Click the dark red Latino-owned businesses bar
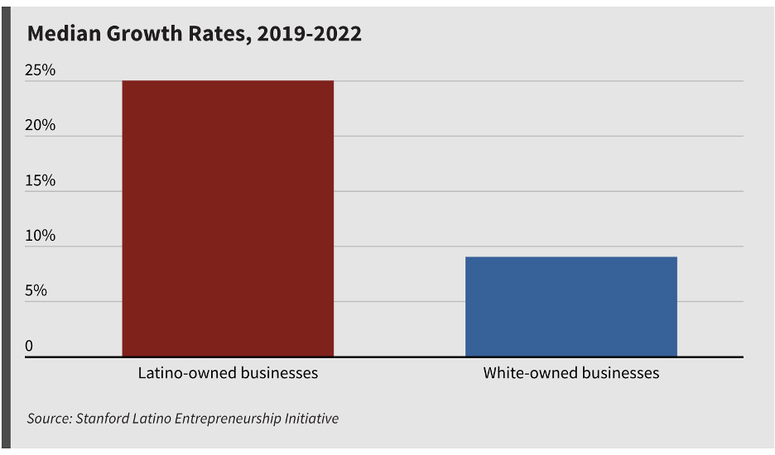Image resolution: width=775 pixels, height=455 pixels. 228,218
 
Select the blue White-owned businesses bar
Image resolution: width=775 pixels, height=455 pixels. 571,307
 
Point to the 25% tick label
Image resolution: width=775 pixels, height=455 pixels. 40,70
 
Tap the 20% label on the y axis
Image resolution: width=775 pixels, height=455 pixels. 40,126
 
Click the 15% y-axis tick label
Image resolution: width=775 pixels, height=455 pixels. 40,180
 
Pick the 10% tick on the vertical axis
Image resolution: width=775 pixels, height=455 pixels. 40,236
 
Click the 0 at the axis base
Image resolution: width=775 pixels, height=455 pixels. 29,346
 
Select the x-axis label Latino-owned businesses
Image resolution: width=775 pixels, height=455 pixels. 228,373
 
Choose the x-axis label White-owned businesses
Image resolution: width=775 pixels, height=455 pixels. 571,373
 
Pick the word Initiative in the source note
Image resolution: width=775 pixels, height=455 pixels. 311,419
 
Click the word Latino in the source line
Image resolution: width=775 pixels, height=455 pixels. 151,419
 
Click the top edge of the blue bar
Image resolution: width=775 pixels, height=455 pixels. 571,257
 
